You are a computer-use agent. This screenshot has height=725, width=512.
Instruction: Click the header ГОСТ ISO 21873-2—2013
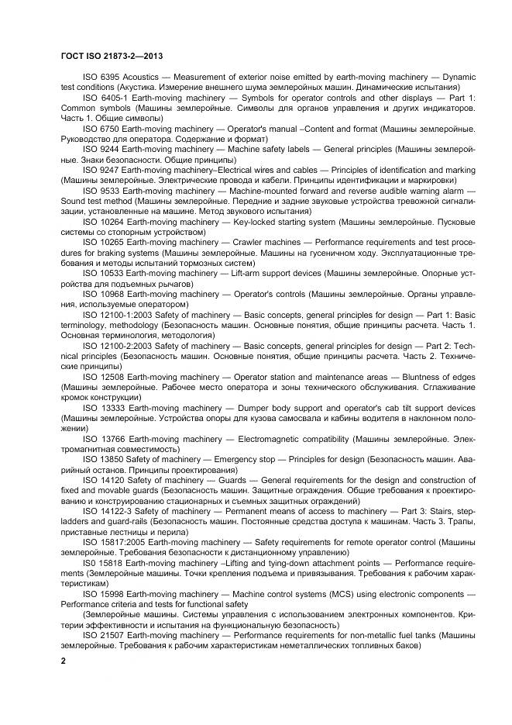coord(111,56)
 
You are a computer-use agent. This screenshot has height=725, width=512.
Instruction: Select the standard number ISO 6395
coord(100,78)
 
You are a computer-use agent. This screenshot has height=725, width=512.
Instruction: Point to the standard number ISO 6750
coord(100,128)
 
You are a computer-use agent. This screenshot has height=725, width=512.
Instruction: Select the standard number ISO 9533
coord(100,189)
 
